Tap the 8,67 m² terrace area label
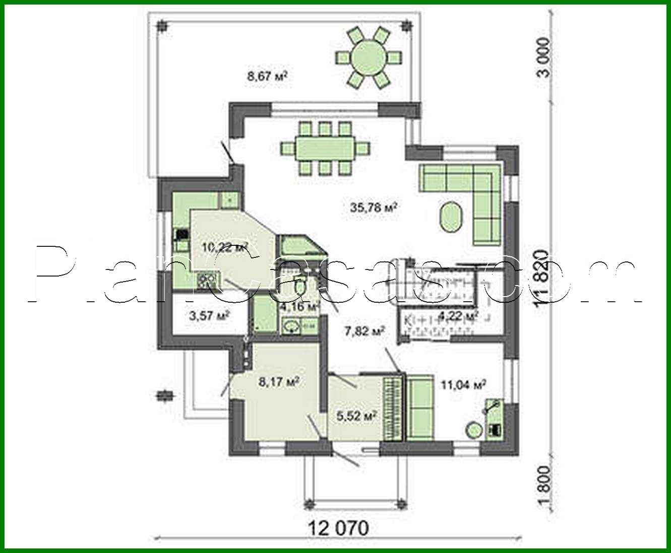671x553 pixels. point(267,76)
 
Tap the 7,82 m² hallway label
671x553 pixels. point(364,331)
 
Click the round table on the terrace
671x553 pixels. point(368,57)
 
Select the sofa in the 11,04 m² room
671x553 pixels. point(420,408)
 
